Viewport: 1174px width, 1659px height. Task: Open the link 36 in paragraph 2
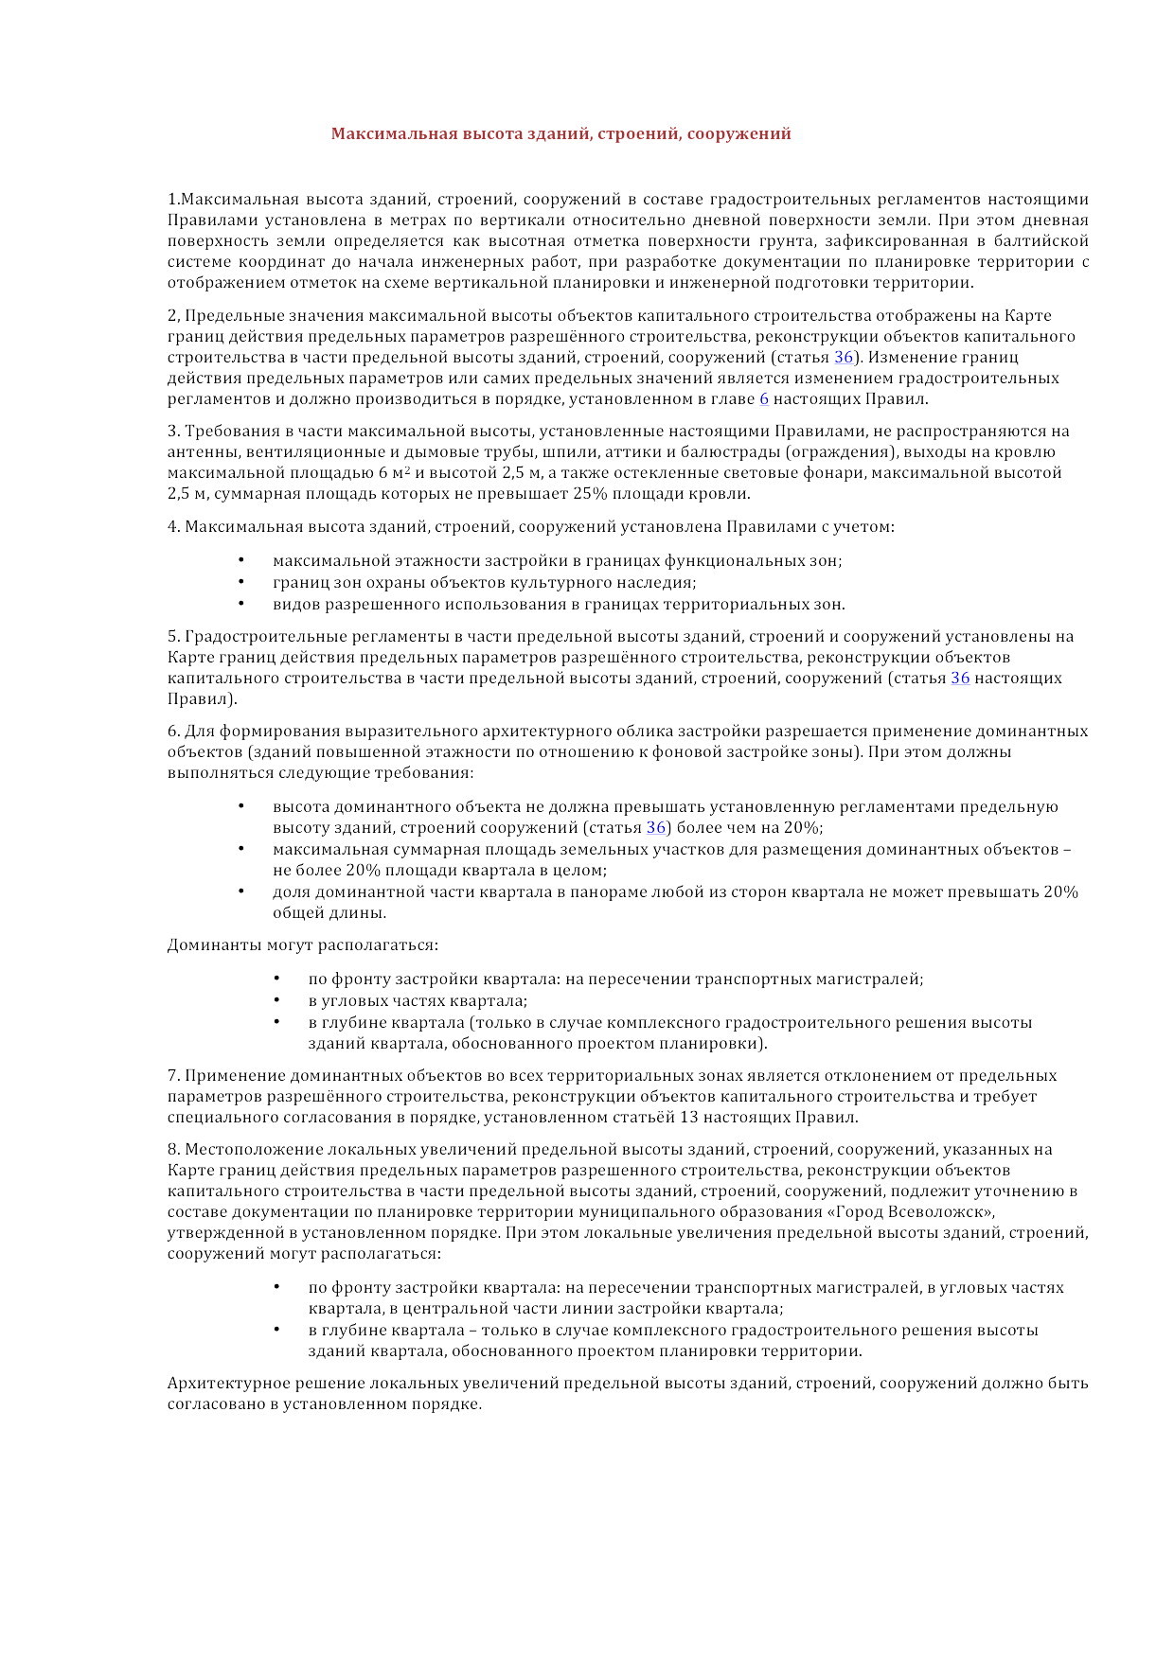pyautogui.click(x=844, y=357)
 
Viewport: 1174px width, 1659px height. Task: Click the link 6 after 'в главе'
pyautogui.click(x=764, y=398)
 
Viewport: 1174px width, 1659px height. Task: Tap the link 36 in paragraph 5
pyautogui.click(x=960, y=678)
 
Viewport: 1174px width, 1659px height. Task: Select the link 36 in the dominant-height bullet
pyautogui.click(x=656, y=827)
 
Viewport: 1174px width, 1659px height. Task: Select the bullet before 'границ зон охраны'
pyautogui.click(x=241, y=582)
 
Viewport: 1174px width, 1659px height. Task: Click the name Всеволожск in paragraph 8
pyautogui.click(x=937, y=1211)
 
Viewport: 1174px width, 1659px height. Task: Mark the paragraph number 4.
pyautogui.click(x=173, y=526)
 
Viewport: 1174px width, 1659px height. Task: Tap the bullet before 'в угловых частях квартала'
pyautogui.click(x=276, y=1000)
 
